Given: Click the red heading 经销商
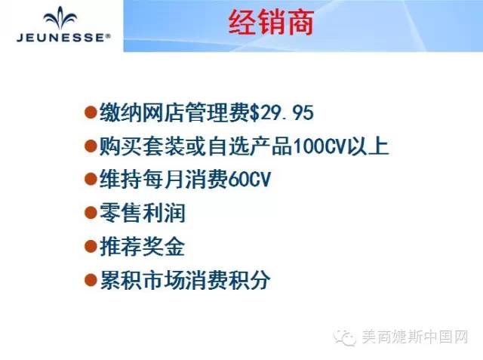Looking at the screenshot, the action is coord(271,23).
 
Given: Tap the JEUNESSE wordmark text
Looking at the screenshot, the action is coord(63,38).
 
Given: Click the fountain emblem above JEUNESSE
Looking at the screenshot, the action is coord(60,18).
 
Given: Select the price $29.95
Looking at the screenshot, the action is coord(281,112).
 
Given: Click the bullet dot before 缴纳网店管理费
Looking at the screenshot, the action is coord(91,112).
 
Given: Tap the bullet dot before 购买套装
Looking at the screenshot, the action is coord(91,146).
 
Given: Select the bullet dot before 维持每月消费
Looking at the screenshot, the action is coord(91,179).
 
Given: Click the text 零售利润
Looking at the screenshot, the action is coord(143,213).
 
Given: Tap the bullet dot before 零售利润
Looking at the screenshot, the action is coord(91,213).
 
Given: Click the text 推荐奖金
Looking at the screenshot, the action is coord(143,246).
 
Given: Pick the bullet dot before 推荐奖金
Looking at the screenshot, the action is coord(91,246).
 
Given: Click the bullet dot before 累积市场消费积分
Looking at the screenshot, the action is coord(91,280).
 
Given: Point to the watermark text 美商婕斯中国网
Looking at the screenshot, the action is coord(414,337).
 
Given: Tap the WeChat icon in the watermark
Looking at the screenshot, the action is coord(345,337).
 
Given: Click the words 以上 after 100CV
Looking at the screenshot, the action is coord(368,146).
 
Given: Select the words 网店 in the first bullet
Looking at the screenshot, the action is coord(163,112).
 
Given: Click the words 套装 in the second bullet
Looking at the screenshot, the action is coord(163,146).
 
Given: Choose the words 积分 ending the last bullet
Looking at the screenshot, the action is coord(249,280).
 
